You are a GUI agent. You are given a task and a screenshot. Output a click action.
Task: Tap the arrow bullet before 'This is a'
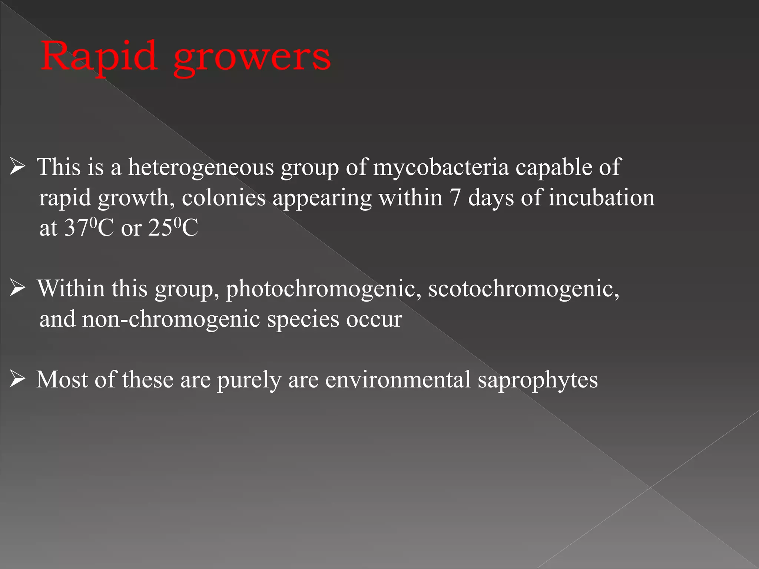click(17, 167)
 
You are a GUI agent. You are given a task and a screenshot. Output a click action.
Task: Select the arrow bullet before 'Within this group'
click(17, 288)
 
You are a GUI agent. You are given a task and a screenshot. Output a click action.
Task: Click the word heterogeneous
click(201, 168)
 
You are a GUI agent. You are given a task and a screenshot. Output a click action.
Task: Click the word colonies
click(223, 198)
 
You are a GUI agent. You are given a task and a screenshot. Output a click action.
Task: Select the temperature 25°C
click(173, 228)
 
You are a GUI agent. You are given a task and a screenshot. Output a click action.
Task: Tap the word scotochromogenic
click(524, 289)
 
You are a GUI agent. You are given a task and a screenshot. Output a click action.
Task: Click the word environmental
click(398, 380)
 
